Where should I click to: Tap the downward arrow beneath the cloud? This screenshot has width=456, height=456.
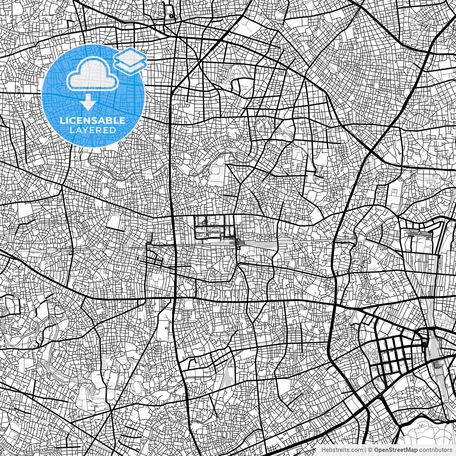(88, 103)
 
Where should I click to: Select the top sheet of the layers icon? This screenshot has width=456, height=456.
(130, 56)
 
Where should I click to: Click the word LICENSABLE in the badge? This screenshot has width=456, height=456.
(93, 120)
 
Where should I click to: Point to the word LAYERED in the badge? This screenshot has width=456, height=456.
(93, 130)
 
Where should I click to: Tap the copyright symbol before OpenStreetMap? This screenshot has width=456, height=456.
(370, 450)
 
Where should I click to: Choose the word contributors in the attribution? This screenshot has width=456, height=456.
(435, 450)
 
